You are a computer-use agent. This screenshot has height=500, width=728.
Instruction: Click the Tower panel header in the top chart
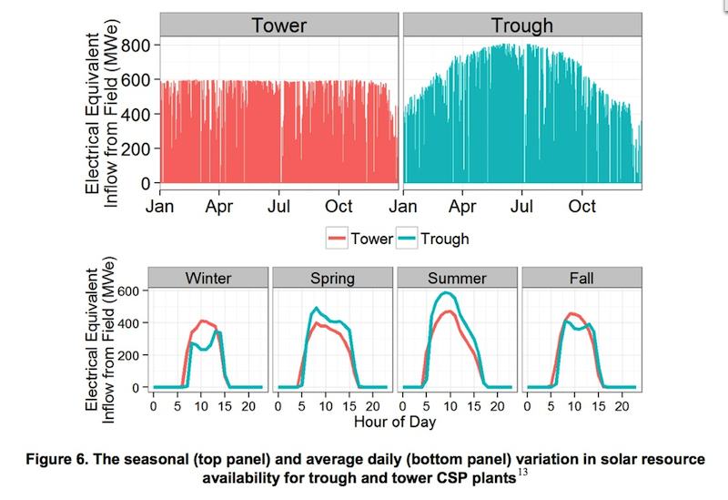[x=278, y=26]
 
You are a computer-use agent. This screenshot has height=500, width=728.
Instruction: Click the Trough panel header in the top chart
[x=522, y=26]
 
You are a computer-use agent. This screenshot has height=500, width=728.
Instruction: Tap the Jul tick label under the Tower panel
[x=279, y=207]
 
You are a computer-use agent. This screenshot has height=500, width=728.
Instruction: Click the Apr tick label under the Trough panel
[x=462, y=207]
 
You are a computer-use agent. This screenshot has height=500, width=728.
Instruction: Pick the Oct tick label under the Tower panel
[x=339, y=207]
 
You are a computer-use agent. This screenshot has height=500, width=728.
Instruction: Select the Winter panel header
[x=208, y=277]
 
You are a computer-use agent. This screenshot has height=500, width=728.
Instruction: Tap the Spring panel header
[x=331, y=277]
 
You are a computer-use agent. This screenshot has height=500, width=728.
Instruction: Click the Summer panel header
[x=456, y=277]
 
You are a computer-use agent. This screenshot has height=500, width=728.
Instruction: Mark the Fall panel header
[x=581, y=277]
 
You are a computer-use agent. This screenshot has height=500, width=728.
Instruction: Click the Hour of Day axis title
[x=395, y=422]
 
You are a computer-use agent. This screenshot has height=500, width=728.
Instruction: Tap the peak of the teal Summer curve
[x=446, y=292]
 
